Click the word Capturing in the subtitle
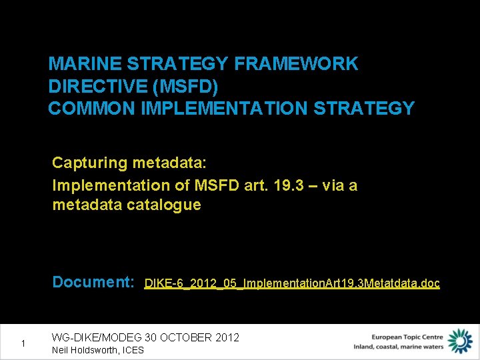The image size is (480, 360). (x=90, y=163)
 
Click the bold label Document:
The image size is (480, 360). (x=93, y=282)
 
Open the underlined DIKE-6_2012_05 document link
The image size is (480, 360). (x=292, y=283)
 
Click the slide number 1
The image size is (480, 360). (x=23, y=343)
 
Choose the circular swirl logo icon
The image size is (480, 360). (x=459, y=341)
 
